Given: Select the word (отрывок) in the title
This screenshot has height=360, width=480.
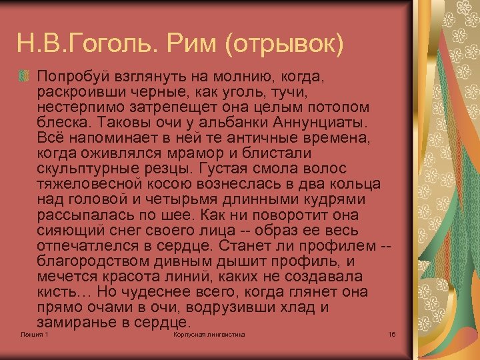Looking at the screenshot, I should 285,45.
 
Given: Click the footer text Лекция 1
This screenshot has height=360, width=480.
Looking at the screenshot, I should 34,334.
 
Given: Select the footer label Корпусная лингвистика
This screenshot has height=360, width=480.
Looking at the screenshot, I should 209,334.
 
